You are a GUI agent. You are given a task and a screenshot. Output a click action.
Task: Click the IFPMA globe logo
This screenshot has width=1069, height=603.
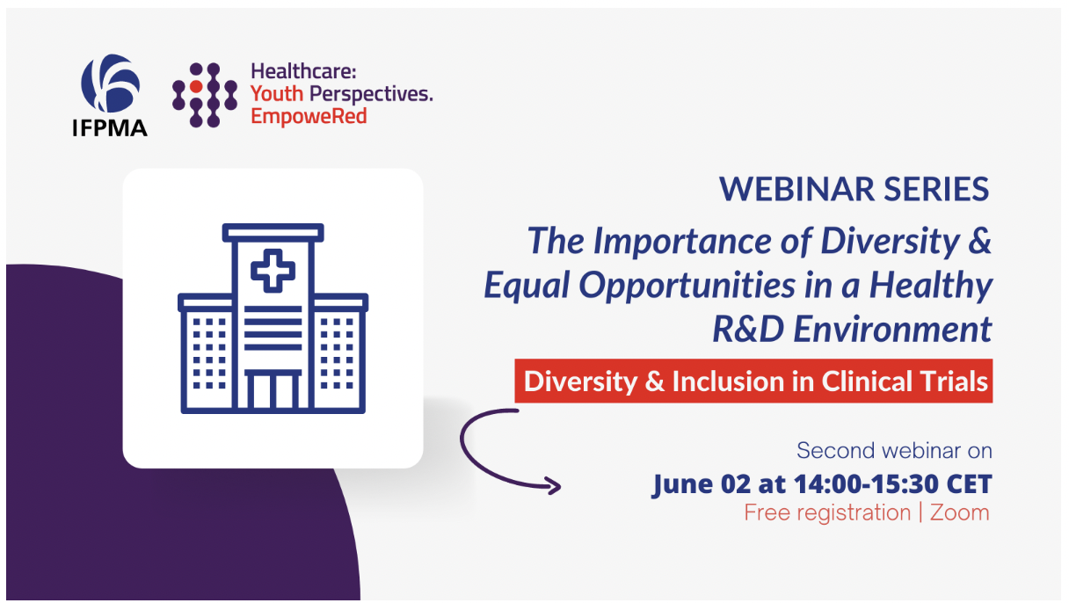pyautogui.click(x=110, y=83)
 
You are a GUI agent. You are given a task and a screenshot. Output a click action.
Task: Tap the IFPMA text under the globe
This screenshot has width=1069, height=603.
pyautogui.click(x=110, y=127)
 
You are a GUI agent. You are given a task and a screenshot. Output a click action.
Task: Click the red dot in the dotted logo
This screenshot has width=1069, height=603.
pyautogui.click(x=196, y=86)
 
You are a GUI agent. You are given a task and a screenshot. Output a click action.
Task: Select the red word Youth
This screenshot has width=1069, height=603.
pyautogui.click(x=277, y=93)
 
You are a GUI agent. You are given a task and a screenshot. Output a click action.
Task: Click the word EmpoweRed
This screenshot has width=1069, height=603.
pyautogui.click(x=309, y=116)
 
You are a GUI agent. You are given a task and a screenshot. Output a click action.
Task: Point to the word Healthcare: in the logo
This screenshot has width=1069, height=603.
pyautogui.click(x=303, y=71)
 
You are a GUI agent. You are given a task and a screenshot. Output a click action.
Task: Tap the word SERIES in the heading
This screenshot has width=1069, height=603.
pyautogui.click(x=936, y=189)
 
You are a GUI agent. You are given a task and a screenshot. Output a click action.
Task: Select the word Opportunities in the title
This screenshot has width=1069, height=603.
pyautogui.click(x=687, y=286)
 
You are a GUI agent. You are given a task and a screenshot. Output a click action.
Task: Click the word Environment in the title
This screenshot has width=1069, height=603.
pyautogui.click(x=892, y=329)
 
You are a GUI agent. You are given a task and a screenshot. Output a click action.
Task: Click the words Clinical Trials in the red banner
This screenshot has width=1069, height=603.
pyautogui.click(x=905, y=381)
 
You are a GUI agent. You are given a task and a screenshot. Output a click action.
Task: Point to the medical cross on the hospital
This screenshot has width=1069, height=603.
pyautogui.click(x=273, y=271)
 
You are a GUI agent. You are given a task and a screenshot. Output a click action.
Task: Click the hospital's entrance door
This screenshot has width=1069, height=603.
pyautogui.click(x=273, y=389)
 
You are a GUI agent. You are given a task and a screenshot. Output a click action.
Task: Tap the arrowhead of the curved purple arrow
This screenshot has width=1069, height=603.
pyautogui.click(x=553, y=485)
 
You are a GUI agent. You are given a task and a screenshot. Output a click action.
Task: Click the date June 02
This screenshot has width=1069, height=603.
pyautogui.click(x=702, y=484)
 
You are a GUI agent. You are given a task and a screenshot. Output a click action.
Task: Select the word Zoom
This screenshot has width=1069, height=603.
pyautogui.click(x=959, y=512)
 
